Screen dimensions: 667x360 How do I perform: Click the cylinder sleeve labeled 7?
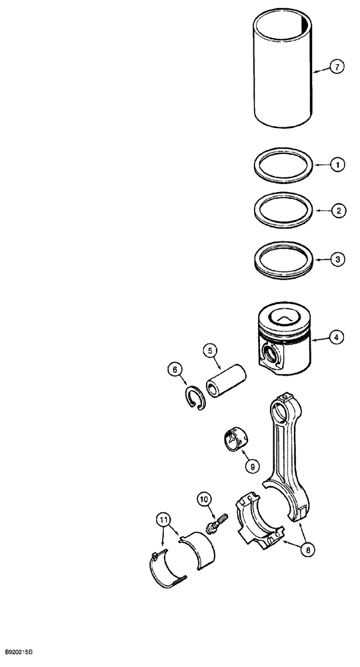(x=283, y=70)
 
